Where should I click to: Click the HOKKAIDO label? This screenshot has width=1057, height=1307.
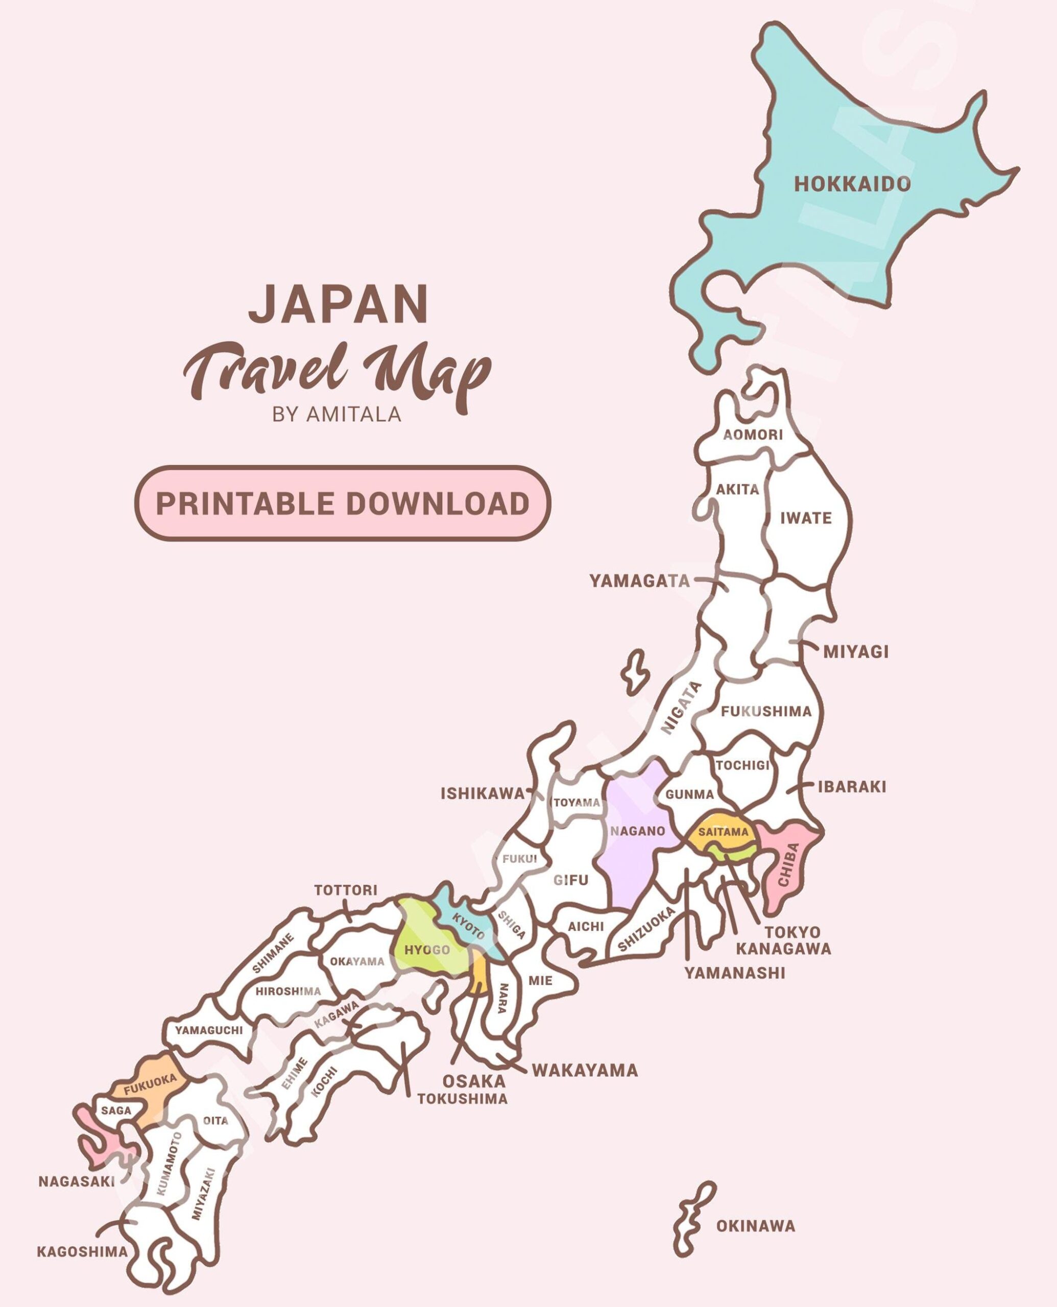(x=852, y=184)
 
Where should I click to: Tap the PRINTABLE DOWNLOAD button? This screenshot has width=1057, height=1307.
(x=343, y=503)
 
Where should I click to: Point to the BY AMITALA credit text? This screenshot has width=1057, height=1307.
(x=337, y=415)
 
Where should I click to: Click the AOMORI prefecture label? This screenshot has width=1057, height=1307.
(x=753, y=434)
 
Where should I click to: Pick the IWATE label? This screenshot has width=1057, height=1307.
(x=806, y=518)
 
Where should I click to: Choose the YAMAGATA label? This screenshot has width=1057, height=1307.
(x=639, y=582)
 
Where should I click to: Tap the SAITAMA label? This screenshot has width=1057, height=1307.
(x=723, y=832)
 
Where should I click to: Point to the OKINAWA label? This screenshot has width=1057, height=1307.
(x=756, y=1226)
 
